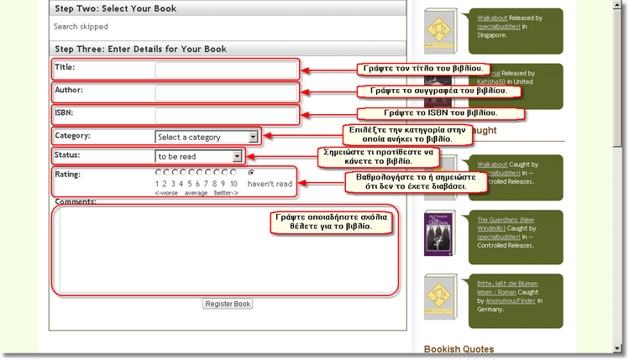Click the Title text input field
tap(225, 69)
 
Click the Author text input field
tap(225, 91)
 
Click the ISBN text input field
tap(225, 114)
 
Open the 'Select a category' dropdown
tap(207, 137)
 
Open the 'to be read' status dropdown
tap(199, 156)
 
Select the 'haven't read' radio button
tap(251, 172)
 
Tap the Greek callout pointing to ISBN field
tap(441, 112)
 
